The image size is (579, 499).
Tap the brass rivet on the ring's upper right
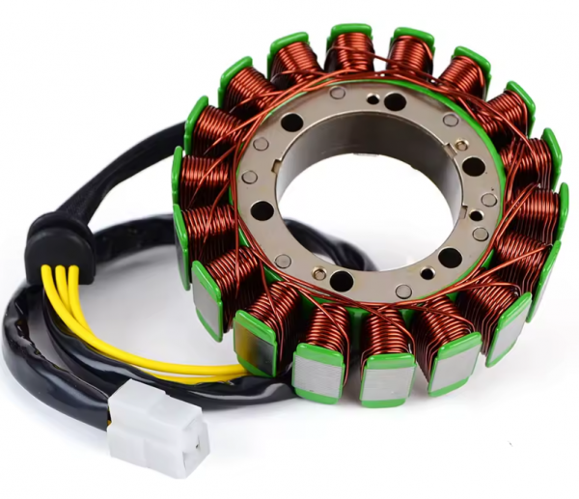coord(461,144)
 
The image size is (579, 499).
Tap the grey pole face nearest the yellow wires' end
coord(256,343)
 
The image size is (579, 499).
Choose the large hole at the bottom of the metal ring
coord(343,281)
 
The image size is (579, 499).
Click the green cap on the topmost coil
coord(349,32)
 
